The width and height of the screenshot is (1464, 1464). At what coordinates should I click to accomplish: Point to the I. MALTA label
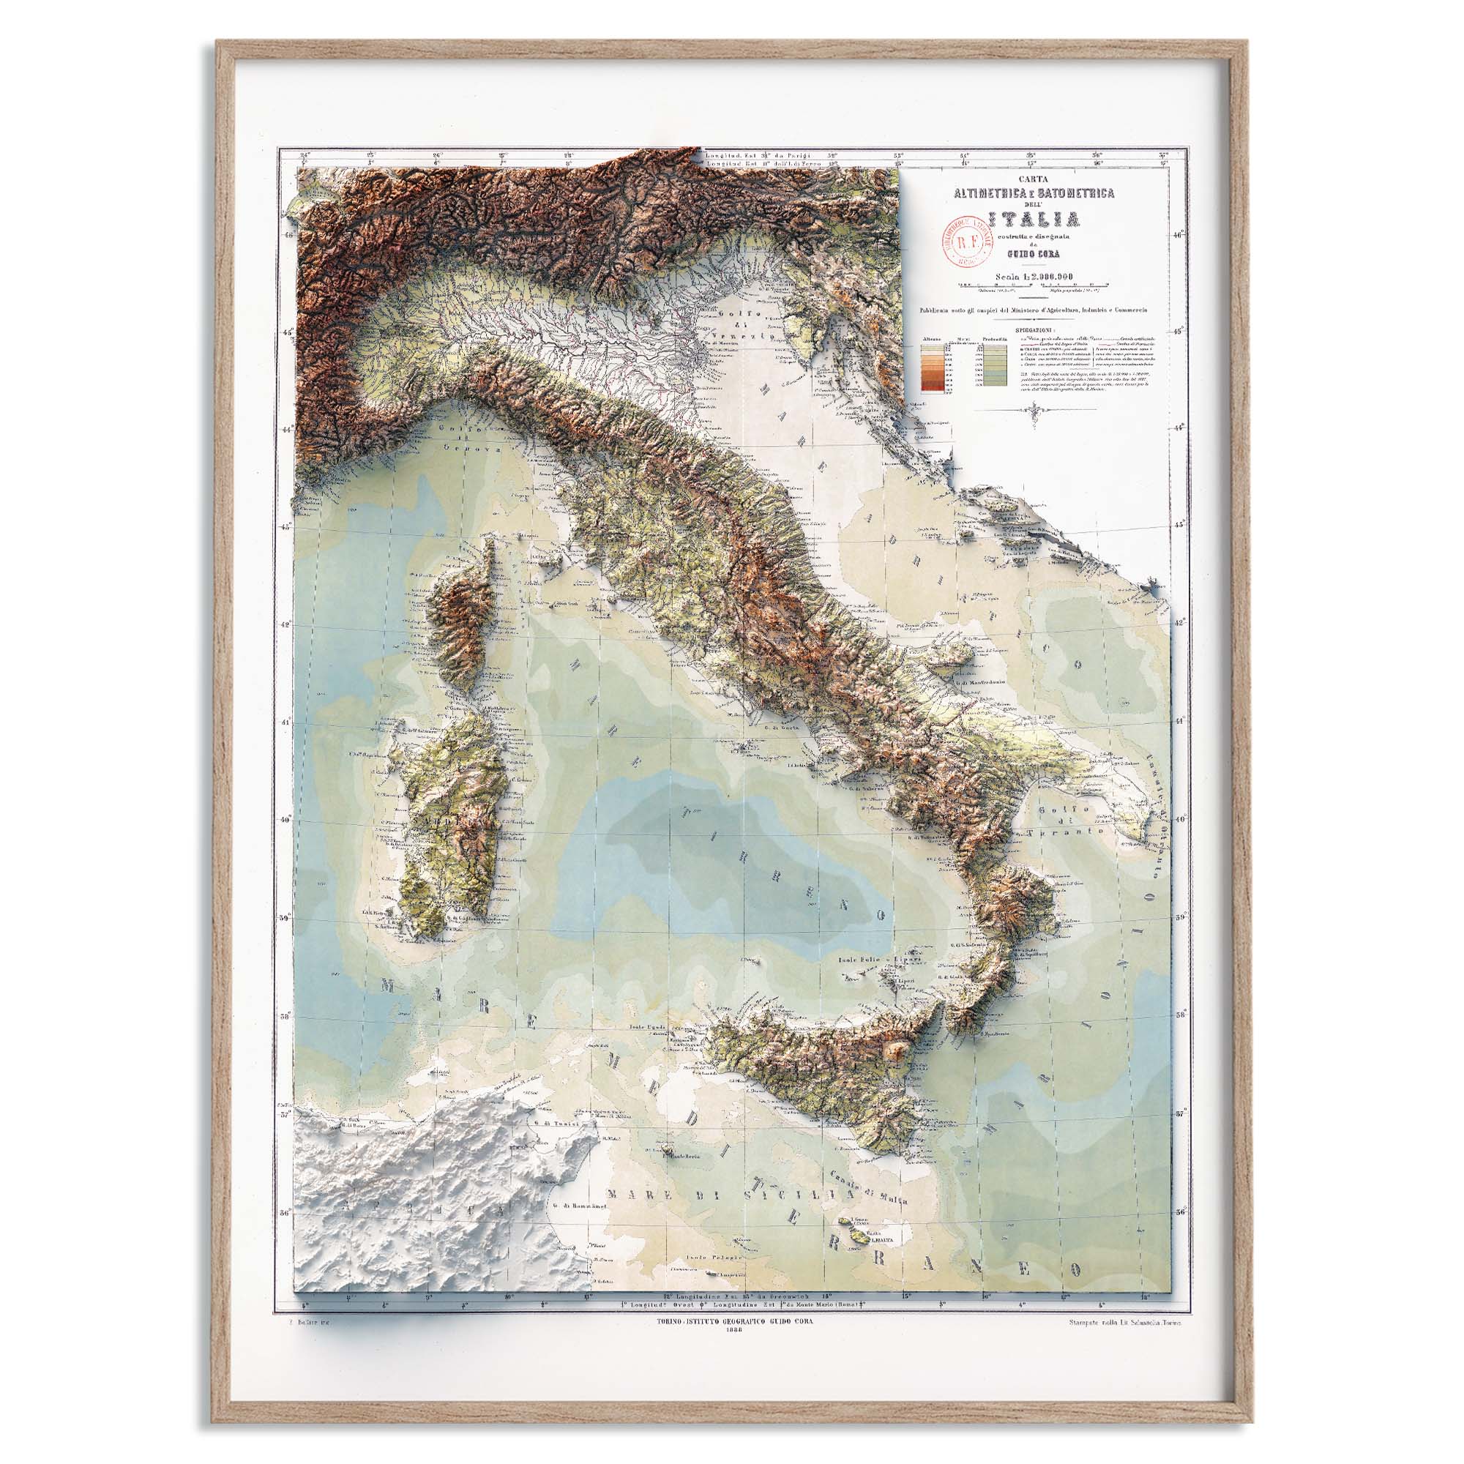(880, 1240)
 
